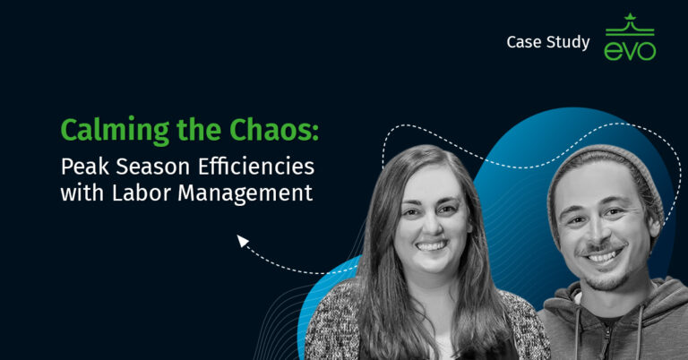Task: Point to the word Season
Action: coord(156,167)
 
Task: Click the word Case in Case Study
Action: coord(523,41)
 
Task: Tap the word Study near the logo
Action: coord(568,42)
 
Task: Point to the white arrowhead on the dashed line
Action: coord(242,240)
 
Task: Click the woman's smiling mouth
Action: coord(432,244)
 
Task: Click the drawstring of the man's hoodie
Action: coord(574,331)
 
